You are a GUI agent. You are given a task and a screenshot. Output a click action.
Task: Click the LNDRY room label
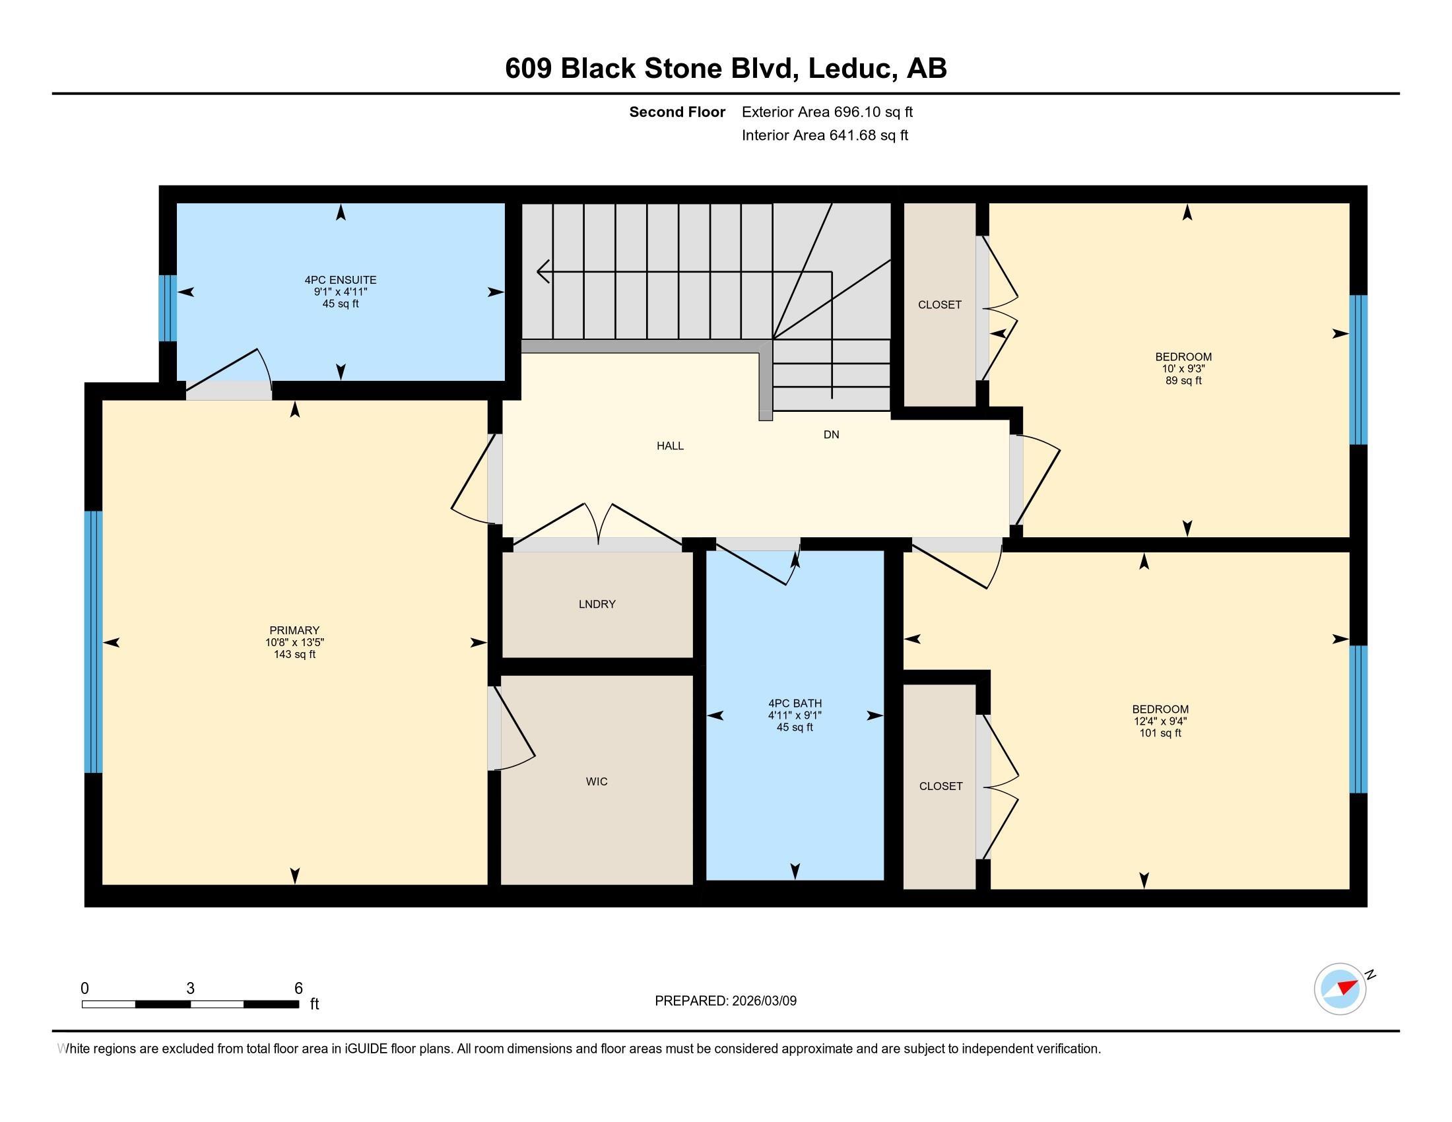[x=597, y=604]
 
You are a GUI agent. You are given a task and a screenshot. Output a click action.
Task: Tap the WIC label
[x=597, y=781]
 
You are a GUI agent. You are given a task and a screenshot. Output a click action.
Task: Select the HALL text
[x=669, y=446]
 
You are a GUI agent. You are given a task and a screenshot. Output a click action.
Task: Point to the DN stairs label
[x=830, y=435]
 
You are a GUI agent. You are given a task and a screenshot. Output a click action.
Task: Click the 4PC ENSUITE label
[x=341, y=280]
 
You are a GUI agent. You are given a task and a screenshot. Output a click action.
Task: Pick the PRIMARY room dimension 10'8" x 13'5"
[x=294, y=643]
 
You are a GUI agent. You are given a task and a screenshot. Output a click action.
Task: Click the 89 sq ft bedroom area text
[x=1183, y=381]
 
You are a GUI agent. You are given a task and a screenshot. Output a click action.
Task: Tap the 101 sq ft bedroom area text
[x=1160, y=733]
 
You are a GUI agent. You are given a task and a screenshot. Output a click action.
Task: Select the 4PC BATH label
[x=795, y=704]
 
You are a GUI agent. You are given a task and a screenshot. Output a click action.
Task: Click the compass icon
[x=1340, y=989]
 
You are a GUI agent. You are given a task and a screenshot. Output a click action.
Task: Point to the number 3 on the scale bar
[x=190, y=989]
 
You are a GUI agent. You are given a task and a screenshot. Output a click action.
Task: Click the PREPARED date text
[x=725, y=1001]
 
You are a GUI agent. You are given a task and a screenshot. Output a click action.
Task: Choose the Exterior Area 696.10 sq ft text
[x=827, y=112]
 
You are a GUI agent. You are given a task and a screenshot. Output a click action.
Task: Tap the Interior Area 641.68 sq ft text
[x=824, y=135]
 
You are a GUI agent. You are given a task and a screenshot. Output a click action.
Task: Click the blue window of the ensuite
[x=168, y=308]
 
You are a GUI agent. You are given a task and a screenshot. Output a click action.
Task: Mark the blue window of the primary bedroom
[x=94, y=642]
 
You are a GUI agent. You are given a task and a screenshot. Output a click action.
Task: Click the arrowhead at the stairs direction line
[x=543, y=271]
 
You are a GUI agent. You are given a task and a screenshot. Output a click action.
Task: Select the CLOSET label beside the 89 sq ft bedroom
[x=939, y=305]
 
